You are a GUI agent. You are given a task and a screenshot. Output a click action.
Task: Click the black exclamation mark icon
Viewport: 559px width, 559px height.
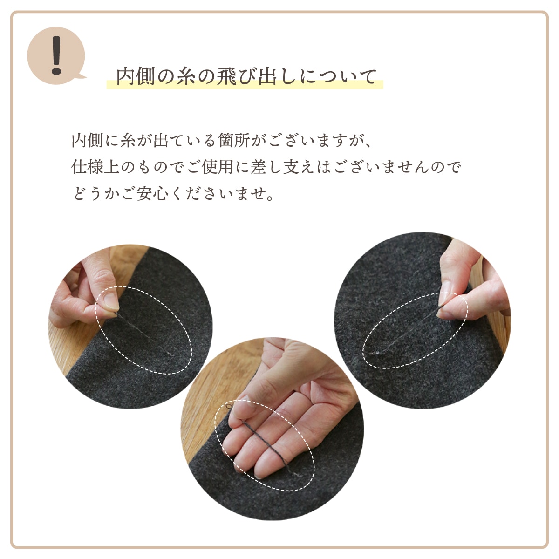click(56, 55)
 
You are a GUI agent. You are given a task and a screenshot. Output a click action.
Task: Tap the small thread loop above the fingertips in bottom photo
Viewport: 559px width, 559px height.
click(230, 408)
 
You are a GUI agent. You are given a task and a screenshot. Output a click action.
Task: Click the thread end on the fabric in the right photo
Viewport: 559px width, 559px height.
click(373, 354)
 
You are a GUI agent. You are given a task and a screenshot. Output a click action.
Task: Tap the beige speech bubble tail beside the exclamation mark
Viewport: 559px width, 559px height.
click(82, 75)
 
